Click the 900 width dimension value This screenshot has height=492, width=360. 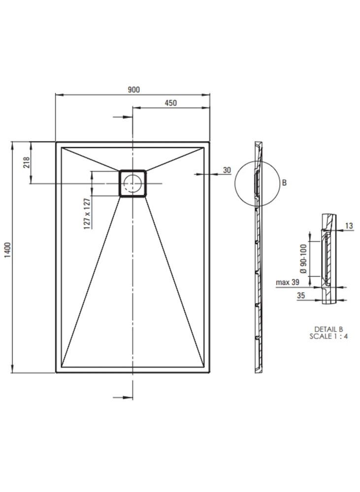coord(133,90)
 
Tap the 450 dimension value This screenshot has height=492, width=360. coord(170,103)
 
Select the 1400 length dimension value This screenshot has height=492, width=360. coord(7,250)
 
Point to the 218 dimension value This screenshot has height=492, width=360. coord(27,162)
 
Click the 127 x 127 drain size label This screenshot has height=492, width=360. coord(87,214)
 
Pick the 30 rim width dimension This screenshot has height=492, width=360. coord(227,170)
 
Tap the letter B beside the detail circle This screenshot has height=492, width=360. coord(284,183)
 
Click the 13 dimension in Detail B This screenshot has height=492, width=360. coord(349,226)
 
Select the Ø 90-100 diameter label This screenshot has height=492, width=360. coord(303,259)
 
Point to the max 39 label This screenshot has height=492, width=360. coord(288,282)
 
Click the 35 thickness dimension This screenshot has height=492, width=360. coord(300,295)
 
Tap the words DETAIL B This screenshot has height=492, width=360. coord(328,329)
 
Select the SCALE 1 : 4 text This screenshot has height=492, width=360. coord(328,337)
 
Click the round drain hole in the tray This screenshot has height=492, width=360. coord(132,183)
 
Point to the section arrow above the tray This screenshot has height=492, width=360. coord(123,117)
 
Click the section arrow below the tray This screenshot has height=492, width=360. coord(123,398)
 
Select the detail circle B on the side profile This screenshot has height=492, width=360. coord(234,184)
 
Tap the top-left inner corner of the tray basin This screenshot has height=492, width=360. coord(62,148)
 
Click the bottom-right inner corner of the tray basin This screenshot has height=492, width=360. coord(204,367)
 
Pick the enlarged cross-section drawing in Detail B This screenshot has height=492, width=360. coord(328,259)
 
